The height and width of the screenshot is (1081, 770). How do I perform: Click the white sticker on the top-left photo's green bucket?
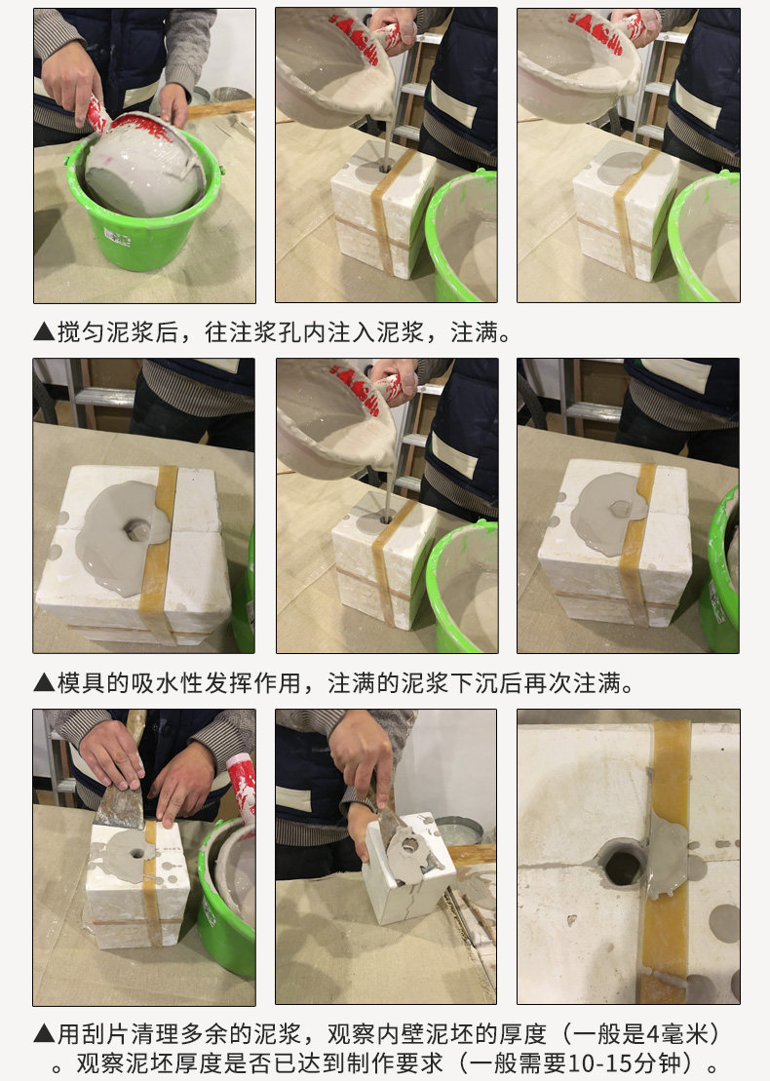117,237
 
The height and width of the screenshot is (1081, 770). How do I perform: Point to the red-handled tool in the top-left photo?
96,114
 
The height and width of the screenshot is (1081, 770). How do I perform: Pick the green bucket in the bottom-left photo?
227,896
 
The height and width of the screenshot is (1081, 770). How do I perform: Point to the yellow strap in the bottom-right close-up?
666,862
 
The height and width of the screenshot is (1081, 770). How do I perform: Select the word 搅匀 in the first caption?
81,332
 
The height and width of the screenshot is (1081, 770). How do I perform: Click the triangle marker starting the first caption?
44,332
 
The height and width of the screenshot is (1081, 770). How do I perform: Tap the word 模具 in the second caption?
81,683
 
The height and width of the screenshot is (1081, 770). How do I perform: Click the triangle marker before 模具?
44,683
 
